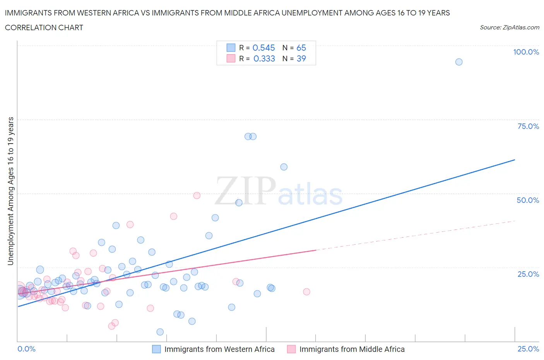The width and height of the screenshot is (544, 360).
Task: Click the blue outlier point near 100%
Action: click(x=459, y=62)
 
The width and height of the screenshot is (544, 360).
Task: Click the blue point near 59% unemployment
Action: click(x=284, y=167)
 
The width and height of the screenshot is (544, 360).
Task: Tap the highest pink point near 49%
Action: click(x=197, y=195)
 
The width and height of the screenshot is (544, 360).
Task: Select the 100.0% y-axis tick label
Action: click(x=526, y=52)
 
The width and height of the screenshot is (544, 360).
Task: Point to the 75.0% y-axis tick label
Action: click(x=528, y=126)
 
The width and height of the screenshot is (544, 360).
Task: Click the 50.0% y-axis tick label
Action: click(x=528, y=200)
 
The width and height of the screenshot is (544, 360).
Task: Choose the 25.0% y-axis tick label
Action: click(x=528, y=274)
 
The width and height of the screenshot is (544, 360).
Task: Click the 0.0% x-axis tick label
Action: click(x=26, y=349)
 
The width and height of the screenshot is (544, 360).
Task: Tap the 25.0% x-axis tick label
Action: click(x=528, y=349)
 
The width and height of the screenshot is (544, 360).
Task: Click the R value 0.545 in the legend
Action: click(x=263, y=48)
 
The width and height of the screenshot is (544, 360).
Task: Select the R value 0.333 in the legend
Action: click(x=264, y=58)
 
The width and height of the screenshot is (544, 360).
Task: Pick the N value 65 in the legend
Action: click(x=301, y=48)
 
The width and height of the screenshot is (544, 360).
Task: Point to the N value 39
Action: click(x=301, y=58)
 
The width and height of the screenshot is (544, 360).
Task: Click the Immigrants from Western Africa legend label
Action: click(x=219, y=349)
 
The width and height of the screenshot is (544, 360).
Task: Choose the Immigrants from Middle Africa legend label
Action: click(x=352, y=349)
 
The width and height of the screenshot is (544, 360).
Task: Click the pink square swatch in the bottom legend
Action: click(x=291, y=349)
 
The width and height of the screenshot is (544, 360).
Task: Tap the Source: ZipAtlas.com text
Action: click(x=509, y=27)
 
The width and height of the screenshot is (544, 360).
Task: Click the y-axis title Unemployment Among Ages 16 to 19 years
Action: click(x=10, y=191)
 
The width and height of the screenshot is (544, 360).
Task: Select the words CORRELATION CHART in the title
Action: click(x=44, y=27)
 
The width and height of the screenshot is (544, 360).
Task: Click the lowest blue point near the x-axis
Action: click(x=160, y=332)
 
